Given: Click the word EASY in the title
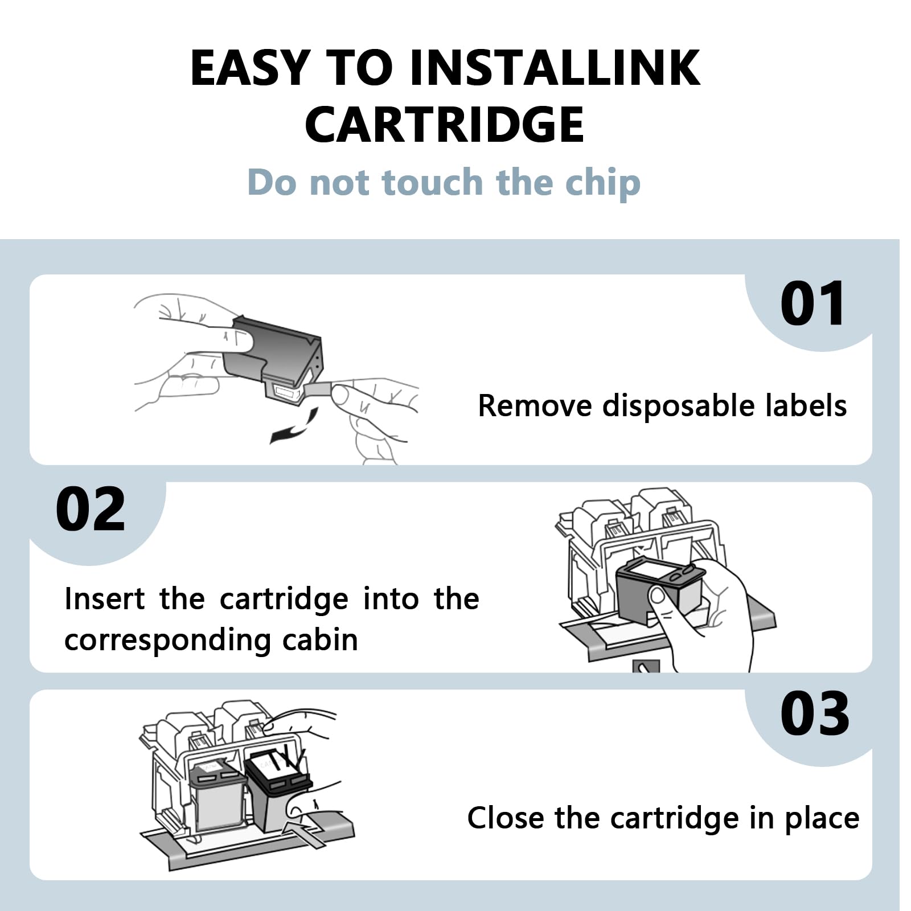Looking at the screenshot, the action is (x=250, y=68).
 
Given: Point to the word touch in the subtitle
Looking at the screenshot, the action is (x=433, y=182).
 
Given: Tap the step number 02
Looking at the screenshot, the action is (x=91, y=509).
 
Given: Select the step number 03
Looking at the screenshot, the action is (x=815, y=713).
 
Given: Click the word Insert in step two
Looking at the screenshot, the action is (x=105, y=599).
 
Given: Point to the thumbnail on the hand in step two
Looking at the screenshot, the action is (x=658, y=596).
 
